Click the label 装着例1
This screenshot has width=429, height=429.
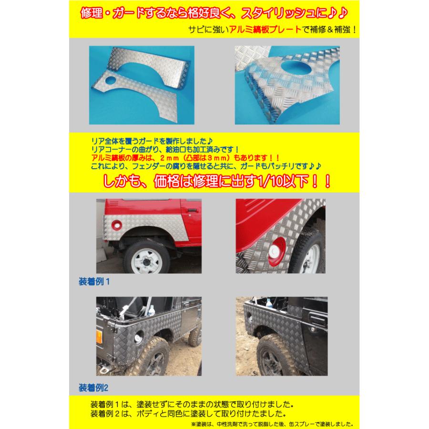click(94, 281)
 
